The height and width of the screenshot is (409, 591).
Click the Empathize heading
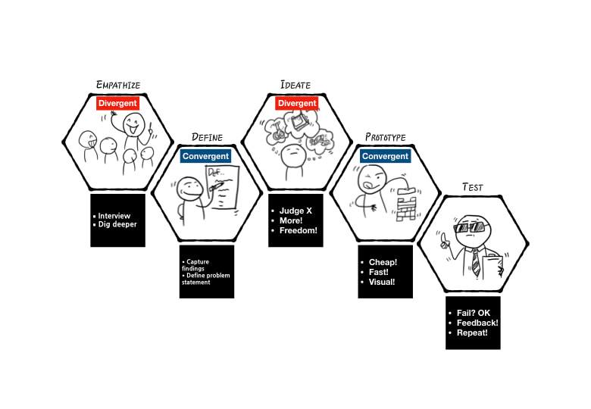[x=117, y=84]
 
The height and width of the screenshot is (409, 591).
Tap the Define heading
[x=207, y=138]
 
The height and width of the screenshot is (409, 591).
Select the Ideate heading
[x=295, y=84]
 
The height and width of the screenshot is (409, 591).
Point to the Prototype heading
[x=385, y=138]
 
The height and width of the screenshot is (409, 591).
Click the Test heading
[x=474, y=187]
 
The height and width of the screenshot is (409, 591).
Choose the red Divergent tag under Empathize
[x=117, y=103]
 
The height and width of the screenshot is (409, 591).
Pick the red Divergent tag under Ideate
[x=296, y=103]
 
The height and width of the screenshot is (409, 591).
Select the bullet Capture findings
[x=199, y=264]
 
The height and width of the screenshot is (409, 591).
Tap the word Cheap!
[x=383, y=263]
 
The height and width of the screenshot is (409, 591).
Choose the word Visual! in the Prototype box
[x=382, y=282]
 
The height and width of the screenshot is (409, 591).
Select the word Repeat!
[x=472, y=333]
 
